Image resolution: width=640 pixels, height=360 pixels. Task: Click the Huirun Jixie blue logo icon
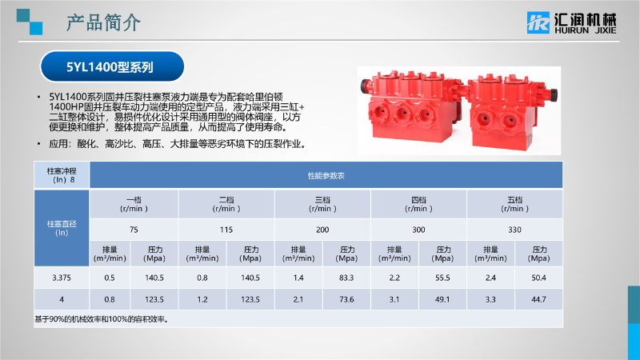[x=538, y=22]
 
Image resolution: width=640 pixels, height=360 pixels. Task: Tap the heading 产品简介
[x=104, y=22]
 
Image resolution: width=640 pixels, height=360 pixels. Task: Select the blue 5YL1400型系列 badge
[x=112, y=66]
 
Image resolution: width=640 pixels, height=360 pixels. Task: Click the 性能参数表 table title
[x=326, y=175]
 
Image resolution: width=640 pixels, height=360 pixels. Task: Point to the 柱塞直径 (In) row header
[x=62, y=228]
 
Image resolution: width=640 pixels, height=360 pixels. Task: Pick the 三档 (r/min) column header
[x=322, y=204]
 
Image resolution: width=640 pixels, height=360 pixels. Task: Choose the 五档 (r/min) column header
[x=514, y=204]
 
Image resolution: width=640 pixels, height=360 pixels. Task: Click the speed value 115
[x=226, y=230]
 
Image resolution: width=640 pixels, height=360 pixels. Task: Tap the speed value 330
[x=514, y=230]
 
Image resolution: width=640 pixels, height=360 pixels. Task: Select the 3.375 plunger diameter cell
[x=62, y=278]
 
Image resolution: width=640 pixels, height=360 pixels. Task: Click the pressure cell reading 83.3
[x=346, y=278]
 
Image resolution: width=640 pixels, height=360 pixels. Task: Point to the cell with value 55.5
[x=442, y=278]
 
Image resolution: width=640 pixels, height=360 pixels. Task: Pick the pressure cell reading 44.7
[x=538, y=299]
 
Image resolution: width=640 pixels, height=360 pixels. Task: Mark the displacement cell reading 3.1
[x=394, y=299]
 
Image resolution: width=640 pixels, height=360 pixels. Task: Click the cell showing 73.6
[x=346, y=299]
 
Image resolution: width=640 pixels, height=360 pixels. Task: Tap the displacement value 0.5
[x=110, y=278]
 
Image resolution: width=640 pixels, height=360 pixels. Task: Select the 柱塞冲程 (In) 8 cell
[x=62, y=175]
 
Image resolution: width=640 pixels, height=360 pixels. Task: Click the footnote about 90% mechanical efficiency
[x=102, y=319]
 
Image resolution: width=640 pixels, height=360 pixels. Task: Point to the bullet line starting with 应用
[x=177, y=144]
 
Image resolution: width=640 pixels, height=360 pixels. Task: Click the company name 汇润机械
[x=586, y=19]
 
